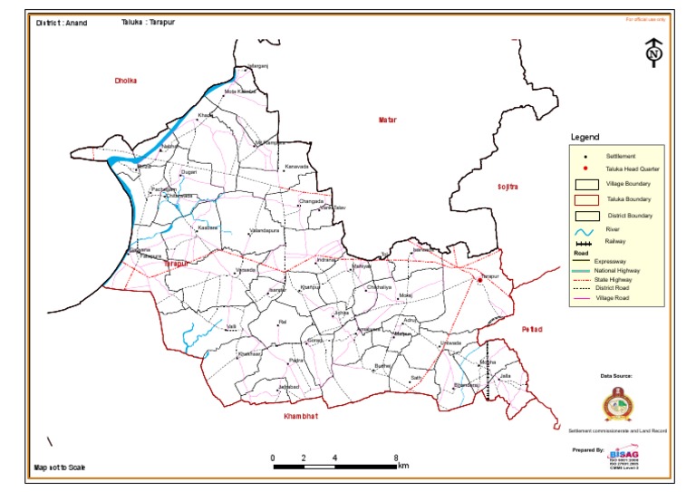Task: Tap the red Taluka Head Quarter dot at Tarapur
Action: pos(479,281)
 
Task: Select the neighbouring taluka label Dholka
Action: pos(125,81)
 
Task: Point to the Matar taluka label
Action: pos(388,120)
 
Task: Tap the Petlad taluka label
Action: pos(531,329)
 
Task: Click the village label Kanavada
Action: pos(297,167)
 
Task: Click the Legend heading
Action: pos(585,137)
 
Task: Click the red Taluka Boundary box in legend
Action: pos(585,199)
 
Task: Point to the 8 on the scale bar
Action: pos(396,457)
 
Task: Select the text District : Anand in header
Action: pos(62,23)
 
